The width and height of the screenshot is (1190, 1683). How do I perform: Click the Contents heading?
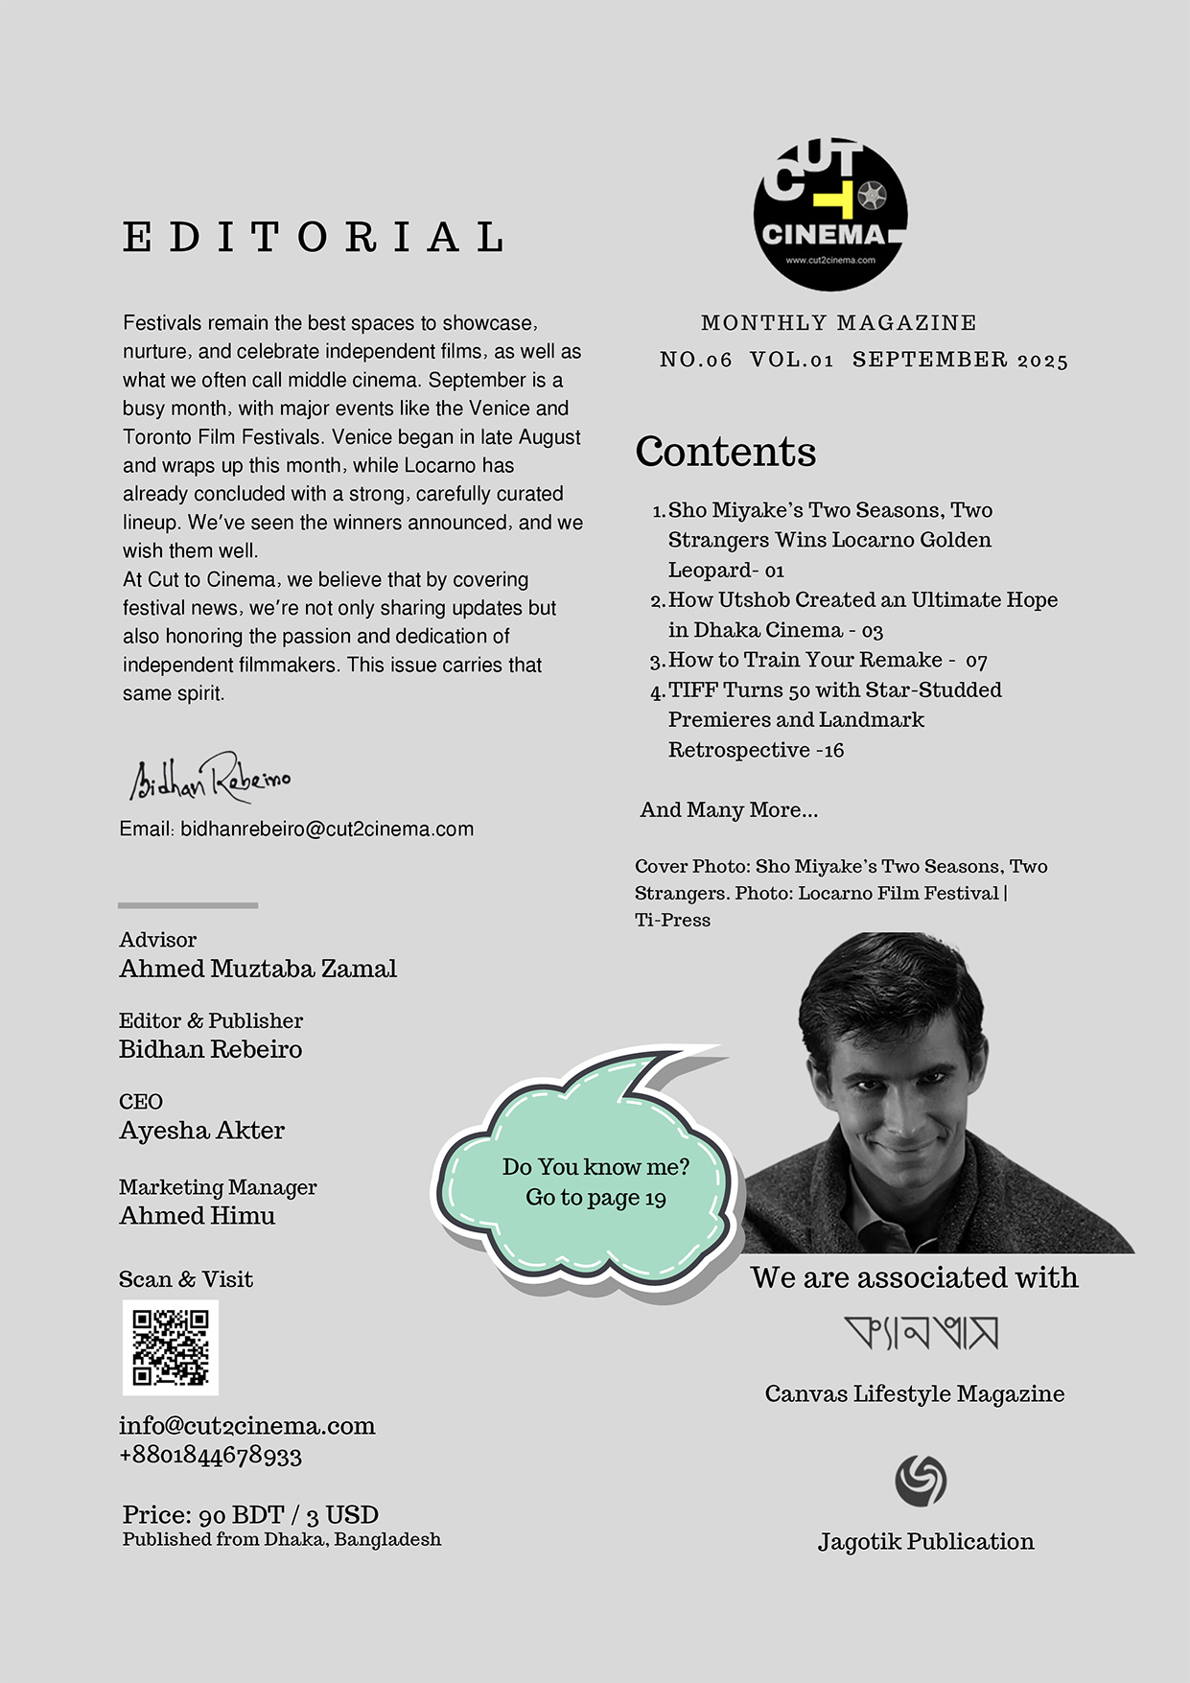725,451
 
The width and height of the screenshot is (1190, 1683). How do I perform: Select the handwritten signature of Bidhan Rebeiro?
210,777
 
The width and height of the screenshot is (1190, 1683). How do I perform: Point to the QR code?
171,1347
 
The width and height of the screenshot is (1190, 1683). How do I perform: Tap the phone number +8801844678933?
210,1456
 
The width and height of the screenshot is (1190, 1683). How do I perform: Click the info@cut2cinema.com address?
246,1425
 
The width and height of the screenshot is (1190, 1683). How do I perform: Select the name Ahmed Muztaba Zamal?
258,969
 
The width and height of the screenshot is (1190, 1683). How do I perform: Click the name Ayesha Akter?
201,1131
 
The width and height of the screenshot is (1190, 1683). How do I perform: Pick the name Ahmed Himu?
197,1216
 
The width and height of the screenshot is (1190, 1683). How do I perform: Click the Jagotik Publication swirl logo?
921,1480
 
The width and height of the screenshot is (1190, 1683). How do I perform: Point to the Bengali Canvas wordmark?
922,1332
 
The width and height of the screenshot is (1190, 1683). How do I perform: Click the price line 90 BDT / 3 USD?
250,1515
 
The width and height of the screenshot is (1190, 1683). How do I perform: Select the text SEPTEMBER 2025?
960,360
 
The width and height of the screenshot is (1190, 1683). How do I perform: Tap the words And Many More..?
729,809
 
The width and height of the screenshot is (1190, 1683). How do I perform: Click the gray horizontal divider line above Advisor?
188,904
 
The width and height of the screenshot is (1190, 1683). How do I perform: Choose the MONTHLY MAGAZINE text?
839,323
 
